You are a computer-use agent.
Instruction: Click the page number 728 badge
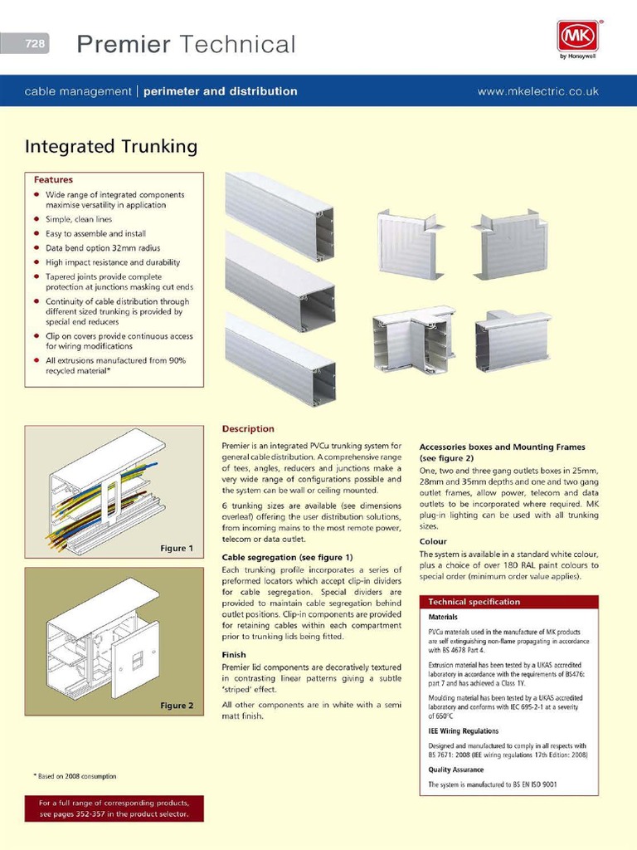[x=36, y=44]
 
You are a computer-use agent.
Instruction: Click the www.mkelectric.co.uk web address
[x=537, y=91]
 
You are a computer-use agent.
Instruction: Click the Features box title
[x=53, y=179]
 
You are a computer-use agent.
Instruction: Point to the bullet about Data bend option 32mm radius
[x=103, y=247]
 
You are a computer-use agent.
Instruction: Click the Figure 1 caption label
[x=177, y=548]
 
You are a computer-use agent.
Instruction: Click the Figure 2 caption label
[x=177, y=706]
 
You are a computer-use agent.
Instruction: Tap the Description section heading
[x=247, y=429]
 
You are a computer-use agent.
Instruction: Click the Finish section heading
[x=234, y=655]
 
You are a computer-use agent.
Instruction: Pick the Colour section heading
[x=433, y=541]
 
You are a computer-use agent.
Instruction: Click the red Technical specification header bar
[x=508, y=602]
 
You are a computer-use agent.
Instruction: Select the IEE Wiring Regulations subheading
[x=463, y=731]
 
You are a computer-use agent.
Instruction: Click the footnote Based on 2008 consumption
[x=75, y=776]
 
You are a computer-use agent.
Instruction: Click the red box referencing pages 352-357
[x=114, y=808]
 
